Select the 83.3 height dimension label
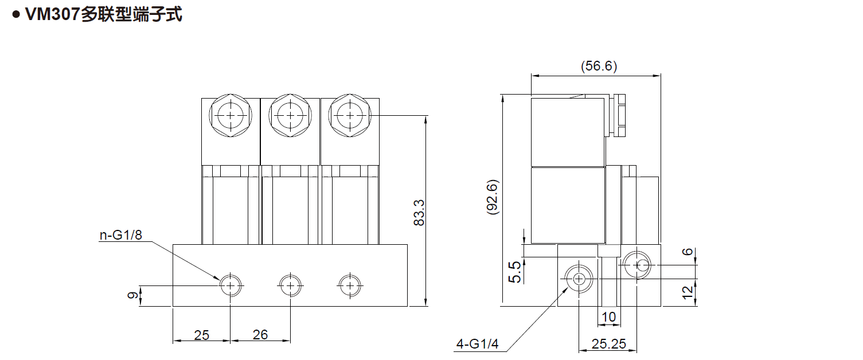tap(419, 212)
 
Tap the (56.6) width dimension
tap(599, 66)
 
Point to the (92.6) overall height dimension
tap(492, 198)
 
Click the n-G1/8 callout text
tap(120, 235)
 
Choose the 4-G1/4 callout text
tap(477, 344)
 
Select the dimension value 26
tap(260, 335)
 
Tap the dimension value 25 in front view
tap(201, 335)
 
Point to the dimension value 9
tap(133, 296)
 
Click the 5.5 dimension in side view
tap(514, 272)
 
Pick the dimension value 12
tap(689, 293)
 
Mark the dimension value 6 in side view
tap(689, 254)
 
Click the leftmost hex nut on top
tap(231, 115)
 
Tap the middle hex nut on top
tap(290, 115)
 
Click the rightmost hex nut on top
tap(350, 115)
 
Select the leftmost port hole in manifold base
tap(231, 285)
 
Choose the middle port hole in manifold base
tap(290, 285)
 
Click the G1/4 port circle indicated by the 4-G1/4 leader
tap(579, 279)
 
